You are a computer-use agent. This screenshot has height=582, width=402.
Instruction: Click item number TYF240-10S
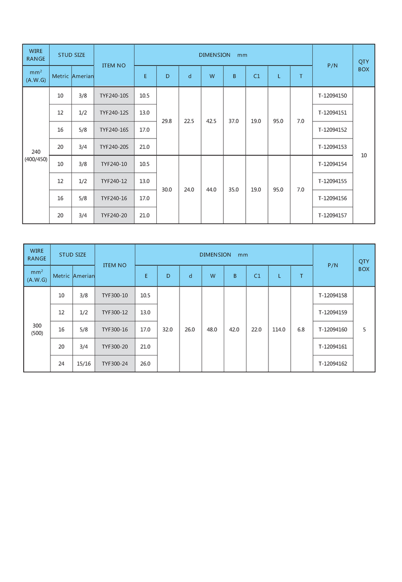(114, 96)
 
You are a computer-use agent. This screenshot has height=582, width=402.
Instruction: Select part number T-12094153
(332, 147)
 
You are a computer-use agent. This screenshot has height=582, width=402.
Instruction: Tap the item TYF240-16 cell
(114, 198)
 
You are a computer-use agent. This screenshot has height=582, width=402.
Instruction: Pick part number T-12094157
(332, 215)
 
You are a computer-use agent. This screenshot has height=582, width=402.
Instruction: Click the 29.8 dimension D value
(167, 121)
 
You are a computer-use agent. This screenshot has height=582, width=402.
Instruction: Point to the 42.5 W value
(211, 121)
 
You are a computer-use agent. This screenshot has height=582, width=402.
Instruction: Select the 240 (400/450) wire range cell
(36, 155)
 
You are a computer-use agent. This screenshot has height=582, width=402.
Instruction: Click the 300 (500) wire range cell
(37, 329)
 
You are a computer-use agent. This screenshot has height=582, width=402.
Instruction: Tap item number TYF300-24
(115, 364)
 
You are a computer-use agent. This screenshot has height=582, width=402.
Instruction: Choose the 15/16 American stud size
(84, 364)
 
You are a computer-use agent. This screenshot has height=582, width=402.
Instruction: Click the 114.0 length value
(279, 330)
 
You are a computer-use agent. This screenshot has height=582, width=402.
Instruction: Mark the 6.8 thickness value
(301, 330)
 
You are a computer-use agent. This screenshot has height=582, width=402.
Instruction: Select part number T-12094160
(333, 330)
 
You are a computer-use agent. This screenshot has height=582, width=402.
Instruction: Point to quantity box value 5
(364, 330)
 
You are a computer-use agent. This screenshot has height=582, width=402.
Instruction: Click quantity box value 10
(364, 155)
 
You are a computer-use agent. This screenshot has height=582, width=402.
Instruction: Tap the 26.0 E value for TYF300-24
(146, 364)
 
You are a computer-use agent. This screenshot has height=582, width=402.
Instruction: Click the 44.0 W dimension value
(211, 190)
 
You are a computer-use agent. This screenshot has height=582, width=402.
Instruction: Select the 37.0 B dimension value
(234, 121)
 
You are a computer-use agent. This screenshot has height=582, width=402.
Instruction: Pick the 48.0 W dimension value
(212, 330)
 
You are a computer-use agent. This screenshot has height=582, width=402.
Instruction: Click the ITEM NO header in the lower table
(115, 265)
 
